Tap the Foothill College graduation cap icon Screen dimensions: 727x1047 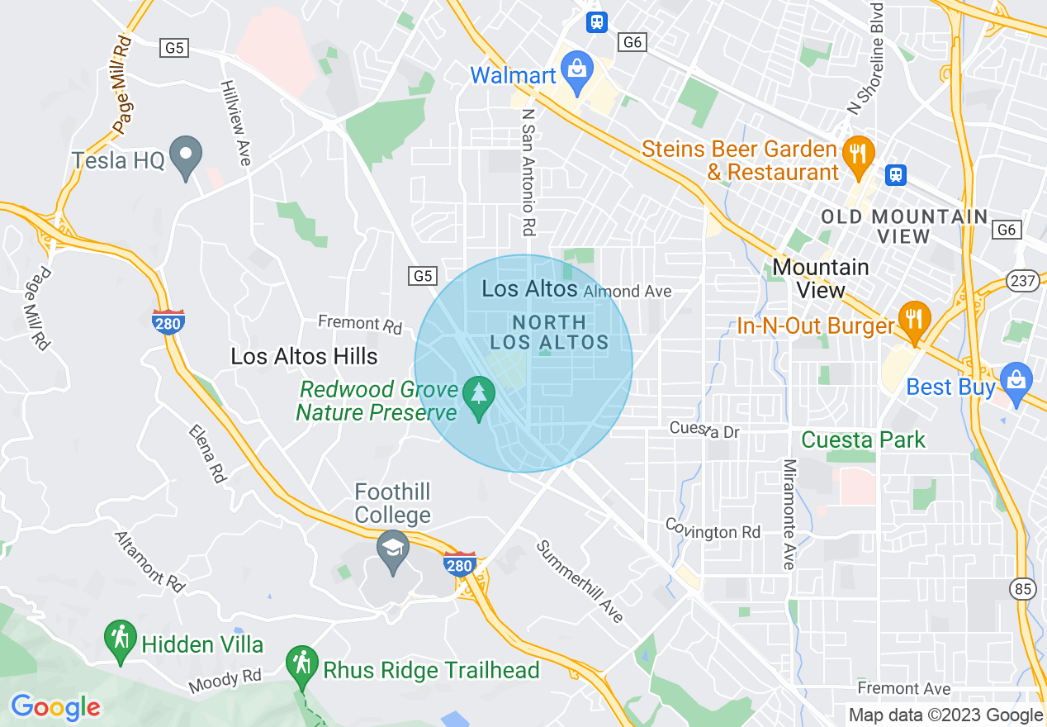pos(393,550)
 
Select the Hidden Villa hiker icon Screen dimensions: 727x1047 pos(121,640)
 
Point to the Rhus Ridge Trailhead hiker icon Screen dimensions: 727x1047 pos(301,666)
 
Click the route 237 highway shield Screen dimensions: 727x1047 pos(1022,282)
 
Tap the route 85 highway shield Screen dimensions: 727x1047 pos(1022,589)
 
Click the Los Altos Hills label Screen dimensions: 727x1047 pos(304,356)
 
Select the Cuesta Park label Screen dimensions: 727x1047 pos(864,440)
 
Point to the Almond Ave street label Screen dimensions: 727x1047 pos(627,292)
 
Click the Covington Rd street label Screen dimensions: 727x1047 pos(713,530)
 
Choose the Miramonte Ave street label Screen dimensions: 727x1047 pos(789,515)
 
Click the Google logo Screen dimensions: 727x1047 pos(56,707)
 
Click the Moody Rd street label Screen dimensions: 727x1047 pos(225,681)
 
